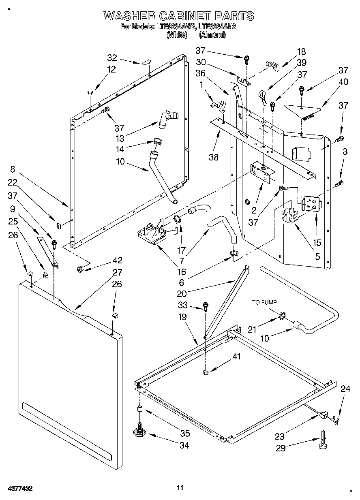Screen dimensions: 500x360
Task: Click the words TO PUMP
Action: [264, 302]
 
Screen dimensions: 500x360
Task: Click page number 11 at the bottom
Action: [180, 487]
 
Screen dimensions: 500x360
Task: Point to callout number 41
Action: [237, 356]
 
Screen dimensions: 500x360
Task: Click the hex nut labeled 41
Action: [205, 372]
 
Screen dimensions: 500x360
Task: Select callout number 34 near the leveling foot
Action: [184, 445]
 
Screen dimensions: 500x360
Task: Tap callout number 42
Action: [117, 261]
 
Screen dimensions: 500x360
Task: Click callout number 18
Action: [301, 51]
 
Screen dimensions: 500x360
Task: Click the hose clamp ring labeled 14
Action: [156, 141]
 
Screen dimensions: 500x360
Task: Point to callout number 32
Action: [112, 58]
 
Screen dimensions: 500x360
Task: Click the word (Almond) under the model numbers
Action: [212, 35]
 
